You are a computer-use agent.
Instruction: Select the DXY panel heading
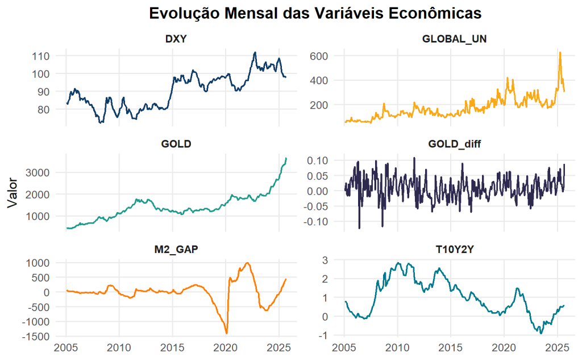tap(177, 39)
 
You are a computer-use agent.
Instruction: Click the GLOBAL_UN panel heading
tap(455, 39)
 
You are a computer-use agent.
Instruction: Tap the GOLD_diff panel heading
tap(455, 144)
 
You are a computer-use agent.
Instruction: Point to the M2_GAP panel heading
tap(177, 249)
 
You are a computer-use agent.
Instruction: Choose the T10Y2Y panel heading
tap(455, 249)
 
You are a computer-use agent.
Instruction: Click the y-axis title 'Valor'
tap(13, 193)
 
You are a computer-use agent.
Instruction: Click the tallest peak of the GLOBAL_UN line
tap(560, 52)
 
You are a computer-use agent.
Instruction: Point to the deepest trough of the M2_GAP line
tap(226, 333)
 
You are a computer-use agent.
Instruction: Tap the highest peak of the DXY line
tap(255, 52)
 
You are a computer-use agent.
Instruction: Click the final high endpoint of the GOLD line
tap(286, 158)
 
